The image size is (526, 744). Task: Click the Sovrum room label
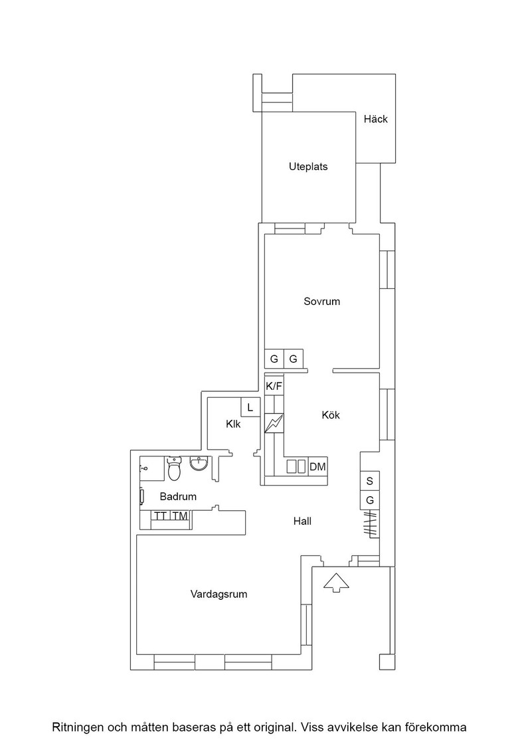click(321, 302)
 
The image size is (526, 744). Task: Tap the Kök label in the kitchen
click(331, 415)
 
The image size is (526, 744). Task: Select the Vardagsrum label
click(219, 594)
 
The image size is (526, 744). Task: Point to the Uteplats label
click(308, 167)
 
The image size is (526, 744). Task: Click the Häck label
click(376, 119)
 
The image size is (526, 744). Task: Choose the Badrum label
click(178, 497)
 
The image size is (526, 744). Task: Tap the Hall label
click(302, 521)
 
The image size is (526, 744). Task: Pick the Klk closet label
click(233, 424)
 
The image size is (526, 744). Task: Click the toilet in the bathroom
click(174, 468)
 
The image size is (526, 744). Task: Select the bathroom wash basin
click(199, 463)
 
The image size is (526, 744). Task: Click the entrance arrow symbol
click(336, 582)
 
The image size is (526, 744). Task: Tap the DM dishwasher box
click(317, 466)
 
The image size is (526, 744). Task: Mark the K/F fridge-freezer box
click(274, 386)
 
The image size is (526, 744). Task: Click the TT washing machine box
click(160, 516)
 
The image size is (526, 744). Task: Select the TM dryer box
click(180, 516)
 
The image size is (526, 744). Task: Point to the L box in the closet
click(250, 407)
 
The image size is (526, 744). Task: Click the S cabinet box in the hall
click(370, 481)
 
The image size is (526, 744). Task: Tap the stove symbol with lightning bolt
click(274, 424)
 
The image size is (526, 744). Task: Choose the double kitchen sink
click(296, 466)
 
